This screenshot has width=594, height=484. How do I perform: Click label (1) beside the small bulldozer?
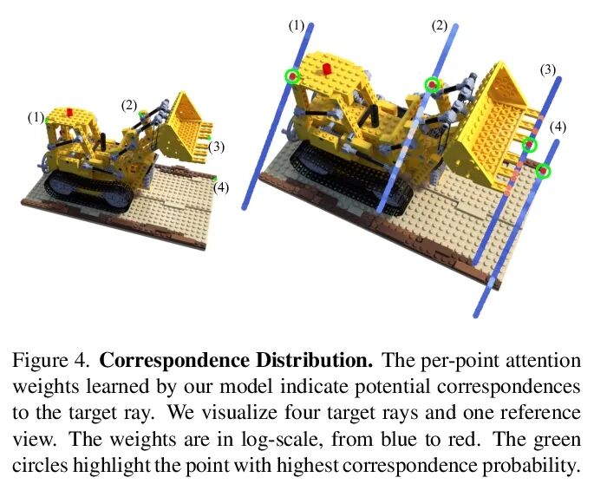coord(36,117)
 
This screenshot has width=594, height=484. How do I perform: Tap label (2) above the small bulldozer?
coord(129,105)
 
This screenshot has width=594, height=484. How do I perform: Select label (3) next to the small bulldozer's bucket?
coord(217,147)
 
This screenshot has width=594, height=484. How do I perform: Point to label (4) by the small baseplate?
coord(222,186)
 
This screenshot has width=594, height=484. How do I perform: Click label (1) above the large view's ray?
coord(297,26)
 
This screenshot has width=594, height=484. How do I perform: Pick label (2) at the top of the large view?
coord(439,26)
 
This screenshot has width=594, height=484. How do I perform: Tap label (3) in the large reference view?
coord(547,69)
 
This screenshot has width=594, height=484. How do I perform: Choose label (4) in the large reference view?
coord(558,128)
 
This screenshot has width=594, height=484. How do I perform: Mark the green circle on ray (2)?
coord(432,83)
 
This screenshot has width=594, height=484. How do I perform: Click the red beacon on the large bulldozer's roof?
coord(327,69)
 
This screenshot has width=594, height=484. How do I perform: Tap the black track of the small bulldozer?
coord(78,186)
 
